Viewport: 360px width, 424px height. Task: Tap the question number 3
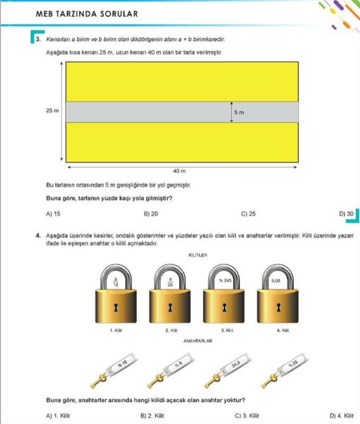click(x=39, y=39)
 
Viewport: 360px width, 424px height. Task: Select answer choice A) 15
click(x=53, y=214)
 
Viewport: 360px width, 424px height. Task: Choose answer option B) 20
click(x=151, y=214)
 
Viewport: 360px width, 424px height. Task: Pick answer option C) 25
click(x=248, y=214)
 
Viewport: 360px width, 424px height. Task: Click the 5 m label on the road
click(x=239, y=113)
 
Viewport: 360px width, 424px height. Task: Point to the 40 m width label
click(x=180, y=171)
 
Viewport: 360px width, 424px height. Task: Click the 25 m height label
click(x=52, y=110)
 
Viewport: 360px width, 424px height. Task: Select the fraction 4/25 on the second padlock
click(x=170, y=282)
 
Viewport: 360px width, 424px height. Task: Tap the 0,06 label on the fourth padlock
click(x=275, y=280)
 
